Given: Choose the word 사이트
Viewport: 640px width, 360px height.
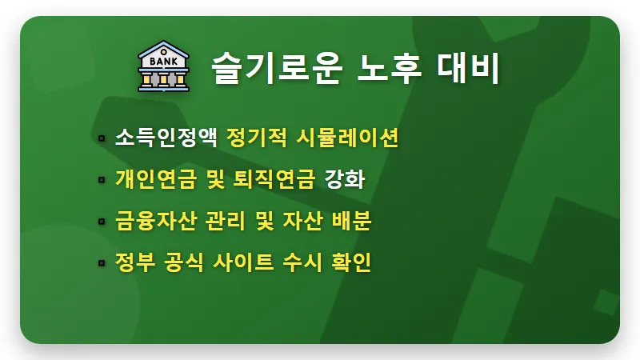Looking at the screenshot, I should pyautogui.click(x=246, y=262).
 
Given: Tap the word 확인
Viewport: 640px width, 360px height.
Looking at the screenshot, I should pyautogui.click(x=349, y=262).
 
